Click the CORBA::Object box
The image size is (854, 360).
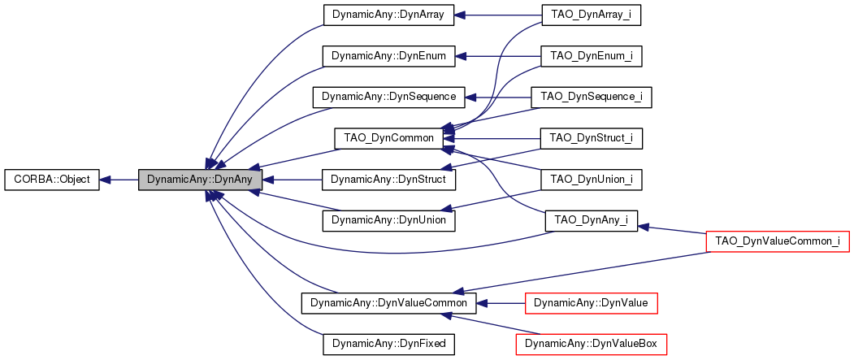52,180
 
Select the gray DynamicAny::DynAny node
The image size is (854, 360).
200,180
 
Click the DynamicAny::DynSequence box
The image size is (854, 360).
388,97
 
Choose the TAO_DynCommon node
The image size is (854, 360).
388,138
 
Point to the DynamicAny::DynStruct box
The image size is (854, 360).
382,180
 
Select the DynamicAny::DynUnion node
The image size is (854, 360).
388,220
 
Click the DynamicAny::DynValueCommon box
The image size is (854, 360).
388,303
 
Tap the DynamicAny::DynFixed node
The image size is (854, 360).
388,345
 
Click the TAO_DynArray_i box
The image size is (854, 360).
591,15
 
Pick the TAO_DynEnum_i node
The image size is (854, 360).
591,56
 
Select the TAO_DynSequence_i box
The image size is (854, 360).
591,97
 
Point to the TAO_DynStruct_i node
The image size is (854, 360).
591,138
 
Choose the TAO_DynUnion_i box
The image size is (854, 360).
591,180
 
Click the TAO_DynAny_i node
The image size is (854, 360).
591,220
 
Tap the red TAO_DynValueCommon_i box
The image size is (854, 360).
778,241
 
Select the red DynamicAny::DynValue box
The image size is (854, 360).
591,303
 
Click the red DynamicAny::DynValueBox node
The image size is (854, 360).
591,345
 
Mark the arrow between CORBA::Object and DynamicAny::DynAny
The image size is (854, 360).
119,180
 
